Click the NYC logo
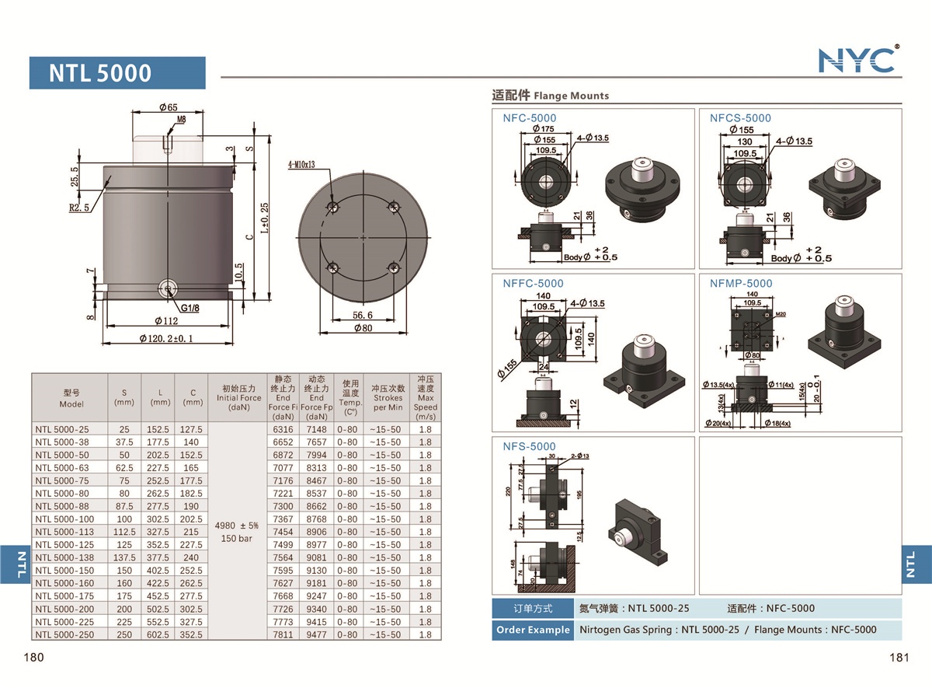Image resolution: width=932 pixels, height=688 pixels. tap(858, 59)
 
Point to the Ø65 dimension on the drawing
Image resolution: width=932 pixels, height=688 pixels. tap(168, 107)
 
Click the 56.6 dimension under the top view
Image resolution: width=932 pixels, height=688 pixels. tap(362, 315)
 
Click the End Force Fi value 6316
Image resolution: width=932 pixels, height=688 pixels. tap(283, 429)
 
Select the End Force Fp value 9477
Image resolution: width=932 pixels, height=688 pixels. tap(317, 634)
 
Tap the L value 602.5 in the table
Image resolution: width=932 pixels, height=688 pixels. tap(160, 634)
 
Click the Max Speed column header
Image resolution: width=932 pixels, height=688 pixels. tap(425, 397)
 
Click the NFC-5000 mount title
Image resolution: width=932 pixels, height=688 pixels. tap(529, 118)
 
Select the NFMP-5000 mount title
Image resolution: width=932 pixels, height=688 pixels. tap(741, 284)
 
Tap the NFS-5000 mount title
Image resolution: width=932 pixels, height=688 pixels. tap(529, 446)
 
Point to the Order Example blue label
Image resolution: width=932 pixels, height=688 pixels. tap(532, 630)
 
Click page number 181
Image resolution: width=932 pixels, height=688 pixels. tap(899, 658)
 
